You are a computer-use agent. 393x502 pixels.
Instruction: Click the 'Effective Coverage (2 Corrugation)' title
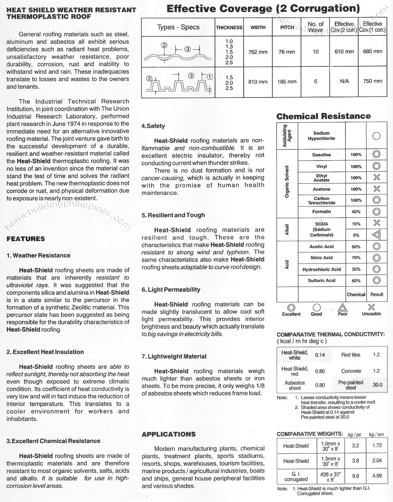[x=263, y=8]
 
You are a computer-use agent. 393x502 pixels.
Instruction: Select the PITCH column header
[x=287, y=27]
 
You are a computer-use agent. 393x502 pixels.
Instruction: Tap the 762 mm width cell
[x=258, y=52]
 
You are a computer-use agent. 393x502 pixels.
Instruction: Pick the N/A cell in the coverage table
[x=344, y=82]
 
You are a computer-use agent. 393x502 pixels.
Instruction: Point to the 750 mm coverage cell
[x=373, y=81]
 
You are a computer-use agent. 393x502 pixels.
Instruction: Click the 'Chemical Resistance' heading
[x=323, y=116]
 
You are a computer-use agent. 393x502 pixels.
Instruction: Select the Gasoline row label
[x=321, y=155]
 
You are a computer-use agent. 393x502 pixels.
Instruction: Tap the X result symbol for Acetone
[x=376, y=189]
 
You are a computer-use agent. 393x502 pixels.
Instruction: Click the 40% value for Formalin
[x=356, y=212]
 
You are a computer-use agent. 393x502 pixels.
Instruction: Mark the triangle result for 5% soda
[x=376, y=235]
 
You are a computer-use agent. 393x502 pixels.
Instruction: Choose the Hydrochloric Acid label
[x=321, y=269]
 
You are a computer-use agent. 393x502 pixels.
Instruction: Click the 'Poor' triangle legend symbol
[x=342, y=308]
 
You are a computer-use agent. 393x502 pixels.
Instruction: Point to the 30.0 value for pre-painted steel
[x=377, y=385]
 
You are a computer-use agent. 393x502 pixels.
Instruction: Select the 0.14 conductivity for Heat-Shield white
[x=320, y=355]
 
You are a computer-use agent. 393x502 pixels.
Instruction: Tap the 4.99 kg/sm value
[x=377, y=476]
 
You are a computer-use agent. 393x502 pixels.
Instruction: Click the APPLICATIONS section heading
[x=169, y=434]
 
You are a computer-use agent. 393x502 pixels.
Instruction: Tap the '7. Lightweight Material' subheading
[x=174, y=356]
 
